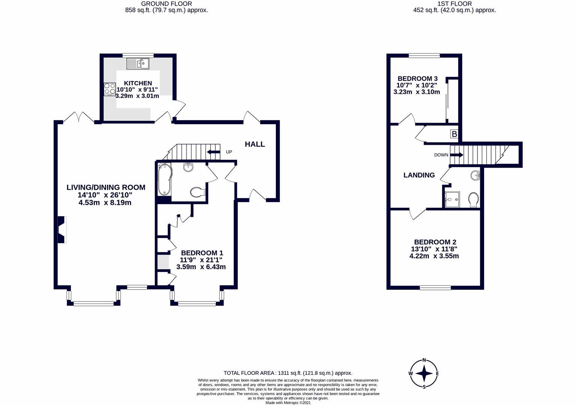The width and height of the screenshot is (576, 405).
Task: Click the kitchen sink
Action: click(x=138, y=64)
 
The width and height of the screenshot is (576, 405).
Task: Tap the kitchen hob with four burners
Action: click(x=110, y=89)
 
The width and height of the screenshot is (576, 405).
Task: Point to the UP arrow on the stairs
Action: click(x=214, y=152)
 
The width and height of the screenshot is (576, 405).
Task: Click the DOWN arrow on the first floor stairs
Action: click(x=456, y=155)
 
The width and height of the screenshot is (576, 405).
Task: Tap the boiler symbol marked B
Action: click(x=454, y=134)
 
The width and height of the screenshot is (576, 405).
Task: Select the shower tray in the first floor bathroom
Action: click(x=452, y=199)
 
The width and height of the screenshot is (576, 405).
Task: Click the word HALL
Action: click(x=255, y=144)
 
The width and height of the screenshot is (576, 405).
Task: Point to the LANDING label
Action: click(x=419, y=175)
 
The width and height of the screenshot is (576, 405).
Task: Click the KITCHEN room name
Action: click(x=138, y=83)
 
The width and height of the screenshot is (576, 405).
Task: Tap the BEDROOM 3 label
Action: click(x=418, y=78)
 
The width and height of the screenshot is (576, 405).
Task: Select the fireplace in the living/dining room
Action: click(x=62, y=229)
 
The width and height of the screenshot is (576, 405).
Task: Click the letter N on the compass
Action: click(x=424, y=360)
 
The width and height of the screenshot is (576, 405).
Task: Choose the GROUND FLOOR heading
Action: click(x=166, y=4)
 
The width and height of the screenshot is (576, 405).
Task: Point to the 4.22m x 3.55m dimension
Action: click(x=434, y=256)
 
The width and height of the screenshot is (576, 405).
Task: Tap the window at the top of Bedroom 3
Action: click(x=424, y=55)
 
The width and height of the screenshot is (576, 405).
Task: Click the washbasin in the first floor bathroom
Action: click(x=475, y=176)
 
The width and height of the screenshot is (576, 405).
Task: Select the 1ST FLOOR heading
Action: click(x=455, y=4)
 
